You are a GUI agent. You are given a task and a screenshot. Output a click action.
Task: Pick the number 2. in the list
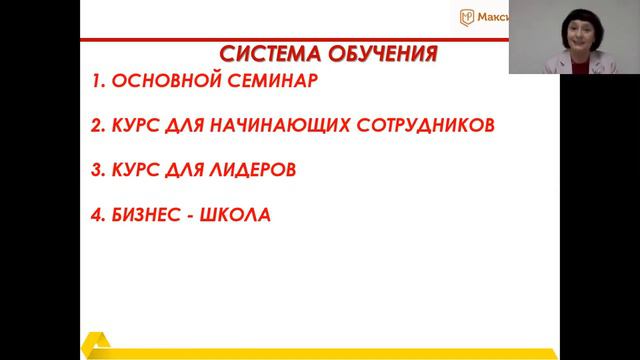tap(98, 128)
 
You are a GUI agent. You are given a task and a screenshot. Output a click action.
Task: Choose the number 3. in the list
tap(98, 170)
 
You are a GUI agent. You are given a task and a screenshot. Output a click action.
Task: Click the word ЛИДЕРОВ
tap(255, 170)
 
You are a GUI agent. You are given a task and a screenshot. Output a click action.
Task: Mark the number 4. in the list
tap(98, 213)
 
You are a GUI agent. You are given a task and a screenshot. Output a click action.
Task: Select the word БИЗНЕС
tap(153, 213)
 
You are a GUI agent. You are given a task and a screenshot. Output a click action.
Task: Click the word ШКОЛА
tap(242, 213)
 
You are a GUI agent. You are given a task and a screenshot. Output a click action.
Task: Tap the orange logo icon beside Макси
tap(467, 16)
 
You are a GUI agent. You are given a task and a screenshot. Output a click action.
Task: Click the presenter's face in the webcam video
tap(578, 39)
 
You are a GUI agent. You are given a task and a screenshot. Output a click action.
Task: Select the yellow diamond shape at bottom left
tap(99, 345)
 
